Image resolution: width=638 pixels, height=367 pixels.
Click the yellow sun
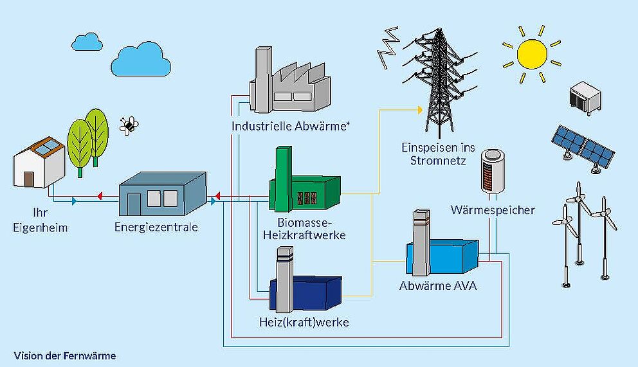531,54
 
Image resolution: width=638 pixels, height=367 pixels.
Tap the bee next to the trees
129,124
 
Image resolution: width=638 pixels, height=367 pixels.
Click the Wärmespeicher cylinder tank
493,170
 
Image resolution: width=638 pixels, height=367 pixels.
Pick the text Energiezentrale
156,227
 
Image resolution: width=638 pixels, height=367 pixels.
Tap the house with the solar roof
41,163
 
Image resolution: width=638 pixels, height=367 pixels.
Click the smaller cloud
87,42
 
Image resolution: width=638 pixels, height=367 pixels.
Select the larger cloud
137,60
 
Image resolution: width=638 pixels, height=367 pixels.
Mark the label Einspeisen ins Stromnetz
438,153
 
